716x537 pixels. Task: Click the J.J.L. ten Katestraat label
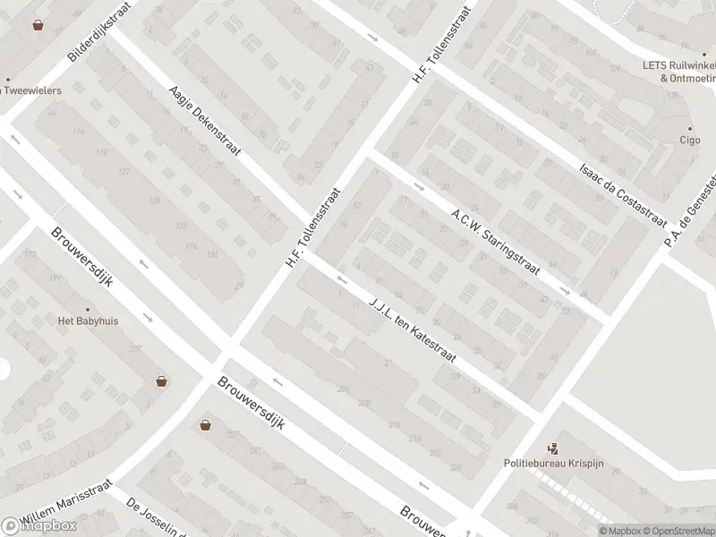(x=413, y=328)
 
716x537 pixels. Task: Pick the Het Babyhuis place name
(x=88, y=320)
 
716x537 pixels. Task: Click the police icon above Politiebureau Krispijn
(x=554, y=449)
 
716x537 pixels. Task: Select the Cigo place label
(x=689, y=141)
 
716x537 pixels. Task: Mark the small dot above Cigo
(x=689, y=126)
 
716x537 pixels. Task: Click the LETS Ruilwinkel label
(x=678, y=65)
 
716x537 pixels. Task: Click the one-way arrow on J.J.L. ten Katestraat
(x=341, y=279)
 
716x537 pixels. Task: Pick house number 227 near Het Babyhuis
(x=136, y=349)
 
